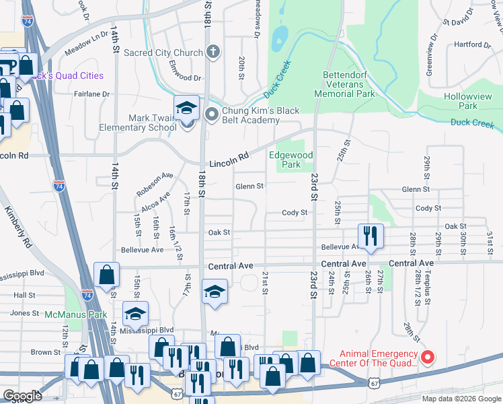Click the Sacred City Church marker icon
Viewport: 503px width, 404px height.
coord(212,52)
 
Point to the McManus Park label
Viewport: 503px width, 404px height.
coord(76,314)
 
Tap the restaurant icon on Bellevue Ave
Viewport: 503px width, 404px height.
coord(371,236)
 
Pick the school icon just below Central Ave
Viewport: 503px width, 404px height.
coord(215,292)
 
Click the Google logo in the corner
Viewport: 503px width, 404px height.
coord(23,396)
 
